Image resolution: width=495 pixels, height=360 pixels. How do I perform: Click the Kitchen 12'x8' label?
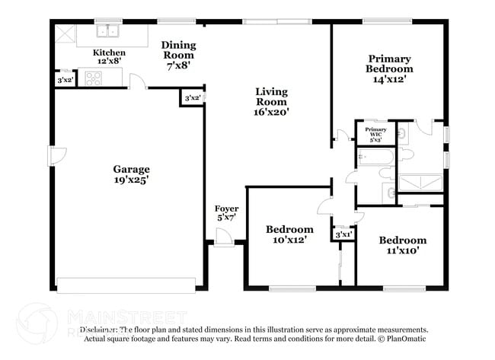tap(109, 57)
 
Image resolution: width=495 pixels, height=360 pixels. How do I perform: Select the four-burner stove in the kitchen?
tap(94, 77)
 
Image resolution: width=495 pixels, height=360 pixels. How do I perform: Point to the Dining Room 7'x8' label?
tap(178, 55)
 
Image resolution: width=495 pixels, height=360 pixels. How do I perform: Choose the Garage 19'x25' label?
tap(131, 174)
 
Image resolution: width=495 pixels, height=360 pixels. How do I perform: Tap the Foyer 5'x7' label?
tap(226, 213)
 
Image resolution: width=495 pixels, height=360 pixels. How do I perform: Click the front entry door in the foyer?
tap(223, 239)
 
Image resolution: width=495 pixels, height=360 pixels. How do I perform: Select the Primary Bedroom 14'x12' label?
tap(389, 68)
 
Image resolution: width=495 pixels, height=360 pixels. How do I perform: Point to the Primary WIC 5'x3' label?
tap(375, 135)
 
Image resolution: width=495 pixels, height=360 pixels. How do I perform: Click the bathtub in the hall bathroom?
tap(375, 158)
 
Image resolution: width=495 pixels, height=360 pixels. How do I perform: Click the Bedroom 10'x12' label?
tap(289, 234)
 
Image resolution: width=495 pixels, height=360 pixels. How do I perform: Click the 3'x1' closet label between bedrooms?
tap(343, 235)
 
